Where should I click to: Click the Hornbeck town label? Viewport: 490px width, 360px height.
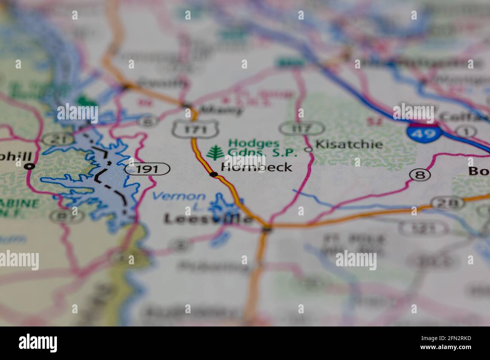click(x=256, y=167)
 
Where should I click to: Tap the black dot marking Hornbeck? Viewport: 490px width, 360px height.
click(x=214, y=174)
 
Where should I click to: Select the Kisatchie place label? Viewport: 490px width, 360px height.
click(x=349, y=144)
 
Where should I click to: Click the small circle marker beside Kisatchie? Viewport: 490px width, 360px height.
click(x=309, y=149)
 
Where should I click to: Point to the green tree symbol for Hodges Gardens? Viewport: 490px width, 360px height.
click(x=215, y=152)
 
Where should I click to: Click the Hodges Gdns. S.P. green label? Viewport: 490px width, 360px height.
click(x=262, y=148)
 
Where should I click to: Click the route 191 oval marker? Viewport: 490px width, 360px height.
click(x=147, y=169)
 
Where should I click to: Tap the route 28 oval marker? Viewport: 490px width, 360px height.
click(x=447, y=203)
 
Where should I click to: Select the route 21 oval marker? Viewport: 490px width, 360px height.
click(x=52, y=139)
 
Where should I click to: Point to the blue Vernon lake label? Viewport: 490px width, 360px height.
click(x=179, y=196)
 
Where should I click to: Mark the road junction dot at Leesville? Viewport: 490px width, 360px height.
click(x=267, y=228)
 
